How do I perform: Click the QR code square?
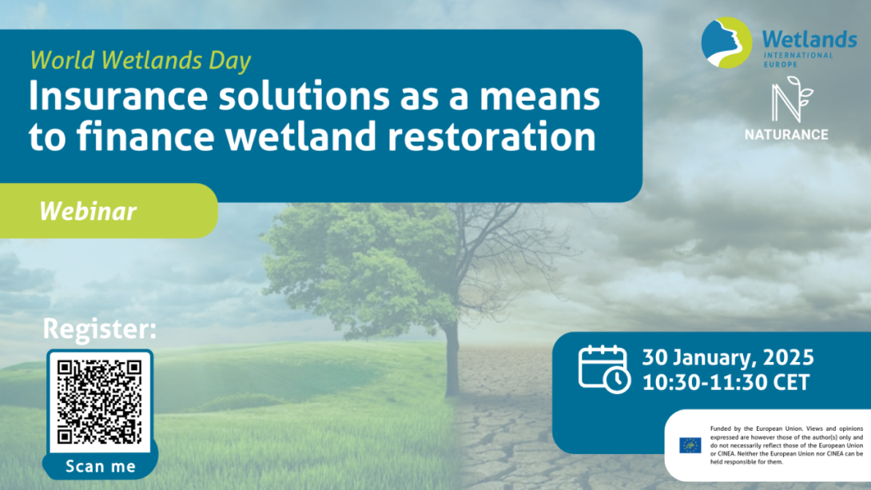pyautogui.click(x=100, y=402)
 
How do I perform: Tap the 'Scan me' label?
pyautogui.click(x=101, y=466)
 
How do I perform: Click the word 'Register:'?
pyautogui.click(x=99, y=329)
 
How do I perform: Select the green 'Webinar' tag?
pyautogui.click(x=109, y=211)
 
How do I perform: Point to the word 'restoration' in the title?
pyautogui.click(x=491, y=136)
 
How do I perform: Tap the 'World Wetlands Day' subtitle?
pyautogui.click(x=141, y=60)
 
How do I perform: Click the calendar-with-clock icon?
pyautogui.click(x=604, y=368)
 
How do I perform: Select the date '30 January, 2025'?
pyautogui.click(x=728, y=357)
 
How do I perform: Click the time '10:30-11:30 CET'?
pyautogui.click(x=726, y=382)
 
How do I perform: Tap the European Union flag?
pyautogui.click(x=690, y=445)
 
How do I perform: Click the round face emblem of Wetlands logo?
pyautogui.click(x=726, y=43)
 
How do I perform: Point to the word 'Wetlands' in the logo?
pyautogui.click(x=809, y=39)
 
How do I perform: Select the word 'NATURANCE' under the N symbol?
pyautogui.click(x=786, y=134)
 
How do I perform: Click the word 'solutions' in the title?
pyautogui.click(x=304, y=96)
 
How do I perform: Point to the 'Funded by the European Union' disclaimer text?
pyautogui.click(x=786, y=445)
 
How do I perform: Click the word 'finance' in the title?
pyautogui.click(x=145, y=136)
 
